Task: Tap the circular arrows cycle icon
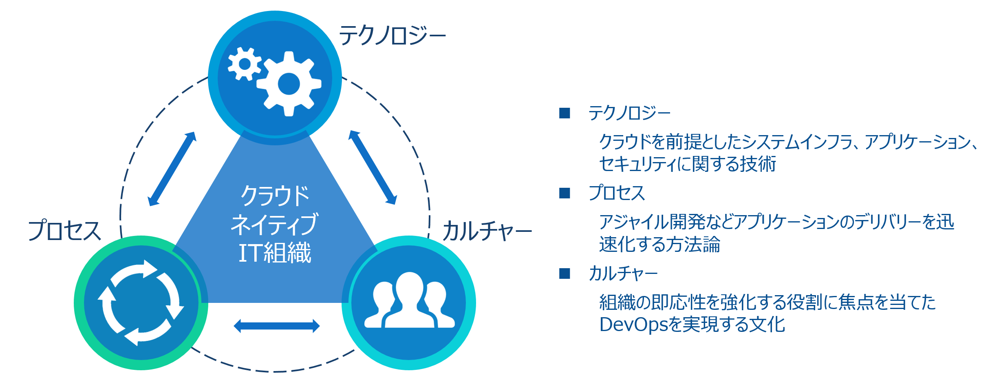tap(141, 303)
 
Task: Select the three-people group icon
tap(409, 300)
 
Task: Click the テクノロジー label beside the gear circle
tap(393, 36)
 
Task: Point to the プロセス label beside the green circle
tap(64, 230)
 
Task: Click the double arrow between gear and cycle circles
tap(172, 169)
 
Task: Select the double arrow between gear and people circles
tap(373, 167)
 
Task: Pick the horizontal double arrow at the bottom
tap(277, 326)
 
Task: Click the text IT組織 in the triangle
tap(275, 253)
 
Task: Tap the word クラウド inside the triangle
tap(275, 196)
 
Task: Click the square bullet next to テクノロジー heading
tap(565, 113)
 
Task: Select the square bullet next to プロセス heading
tap(565, 193)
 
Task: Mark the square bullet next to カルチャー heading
tap(565, 273)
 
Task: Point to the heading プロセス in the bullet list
tap(617, 193)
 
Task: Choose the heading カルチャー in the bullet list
tap(623, 273)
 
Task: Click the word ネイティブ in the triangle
tap(274, 225)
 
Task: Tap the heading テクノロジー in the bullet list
tap(629, 113)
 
